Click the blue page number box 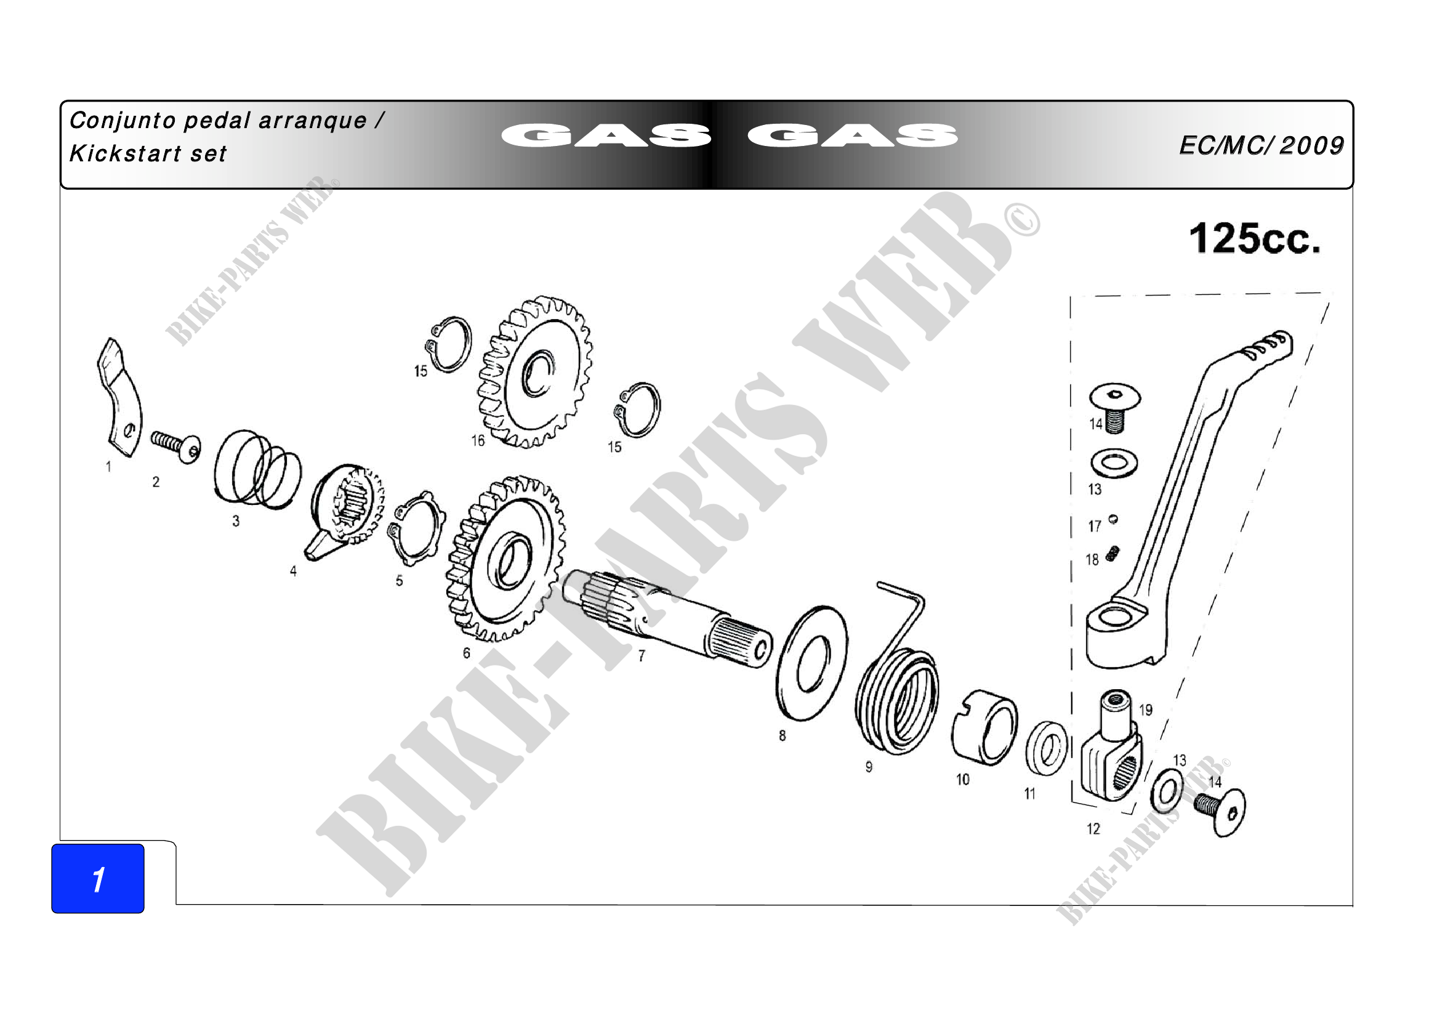pyautogui.click(x=98, y=878)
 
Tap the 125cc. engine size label pyautogui.click(x=1254, y=239)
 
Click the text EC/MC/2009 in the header pyautogui.click(x=1261, y=145)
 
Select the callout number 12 pyautogui.click(x=1093, y=829)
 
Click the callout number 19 pyautogui.click(x=1146, y=710)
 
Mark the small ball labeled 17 pyautogui.click(x=1113, y=519)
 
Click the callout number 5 pyautogui.click(x=399, y=581)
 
